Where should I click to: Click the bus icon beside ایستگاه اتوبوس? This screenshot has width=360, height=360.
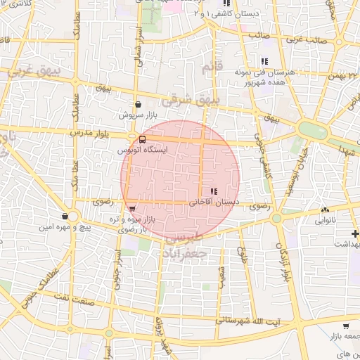tap(143, 140)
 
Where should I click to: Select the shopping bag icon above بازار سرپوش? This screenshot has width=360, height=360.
tap(138, 104)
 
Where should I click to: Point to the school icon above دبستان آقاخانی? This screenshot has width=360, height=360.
tap(214, 191)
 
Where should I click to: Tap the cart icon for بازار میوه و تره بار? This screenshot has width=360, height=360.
tap(131, 208)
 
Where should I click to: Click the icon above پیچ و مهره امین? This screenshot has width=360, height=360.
tap(65, 216)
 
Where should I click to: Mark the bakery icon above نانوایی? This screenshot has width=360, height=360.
tap(324, 210)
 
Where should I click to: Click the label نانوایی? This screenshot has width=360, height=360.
tap(325, 219)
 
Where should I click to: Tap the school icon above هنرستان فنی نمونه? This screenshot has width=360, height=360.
tap(264, 61)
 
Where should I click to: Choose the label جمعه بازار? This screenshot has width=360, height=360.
tap(344, 337)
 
